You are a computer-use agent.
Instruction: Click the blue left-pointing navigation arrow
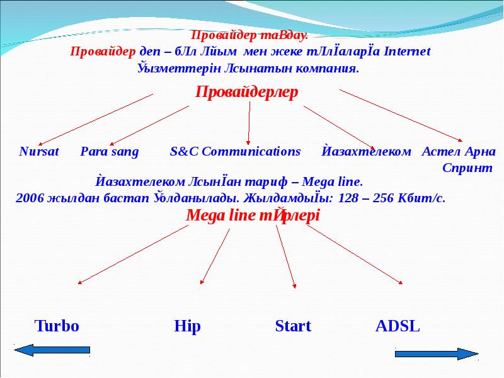click(x=52, y=350)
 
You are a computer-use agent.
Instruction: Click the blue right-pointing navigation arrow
click(x=437, y=354)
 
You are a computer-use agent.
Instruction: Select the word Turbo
click(x=56, y=326)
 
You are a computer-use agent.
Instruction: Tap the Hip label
click(x=186, y=326)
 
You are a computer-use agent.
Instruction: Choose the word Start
click(x=293, y=326)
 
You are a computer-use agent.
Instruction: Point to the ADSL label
click(x=397, y=326)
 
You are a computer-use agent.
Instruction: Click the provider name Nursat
click(x=39, y=152)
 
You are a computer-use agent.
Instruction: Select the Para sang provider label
click(x=110, y=152)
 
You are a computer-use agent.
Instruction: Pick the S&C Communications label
click(x=236, y=152)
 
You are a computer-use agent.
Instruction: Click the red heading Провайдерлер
click(x=246, y=92)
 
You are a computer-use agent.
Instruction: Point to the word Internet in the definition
click(x=408, y=52)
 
